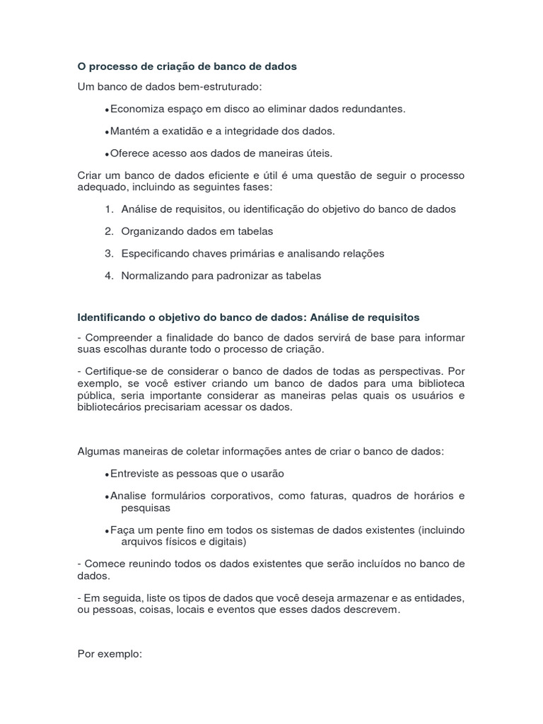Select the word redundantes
tap(375, 109)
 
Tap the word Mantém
tap(127, 131)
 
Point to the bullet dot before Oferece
tap(106, 153)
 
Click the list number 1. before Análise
tap(109, 209)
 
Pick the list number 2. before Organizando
tap(109, 231)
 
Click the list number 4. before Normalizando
tap(109, 276)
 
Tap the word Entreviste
tap(134, 474)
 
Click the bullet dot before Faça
tap(106, 531)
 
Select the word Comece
tap(103, 564)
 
